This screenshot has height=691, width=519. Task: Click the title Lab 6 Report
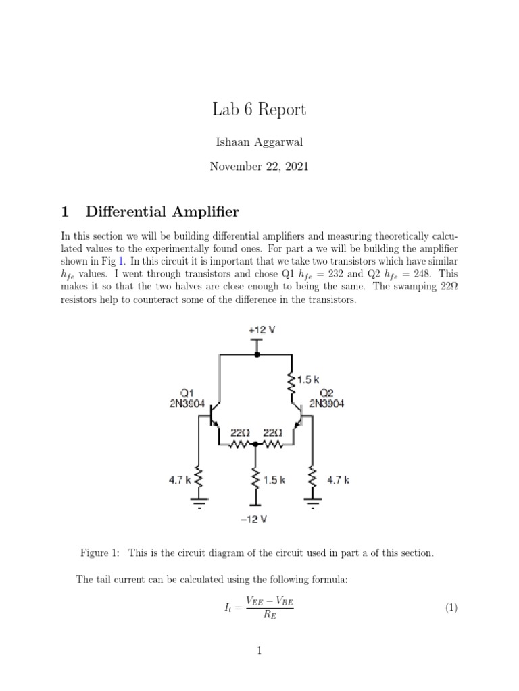coord(259,109)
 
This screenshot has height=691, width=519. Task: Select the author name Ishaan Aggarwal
coord(259,143)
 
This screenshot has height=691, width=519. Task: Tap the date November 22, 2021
coord(259,166)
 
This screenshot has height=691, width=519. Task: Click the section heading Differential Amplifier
coord(162,212)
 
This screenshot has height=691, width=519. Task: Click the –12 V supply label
coord(256,519)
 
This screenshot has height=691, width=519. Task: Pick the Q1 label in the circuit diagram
coord(187,393)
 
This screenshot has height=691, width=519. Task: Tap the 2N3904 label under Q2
coord(326,404)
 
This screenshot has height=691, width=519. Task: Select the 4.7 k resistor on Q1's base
coord(199,480)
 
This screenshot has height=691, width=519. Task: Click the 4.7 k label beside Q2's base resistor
coord(338,480)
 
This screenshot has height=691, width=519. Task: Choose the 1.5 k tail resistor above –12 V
coord(256,480)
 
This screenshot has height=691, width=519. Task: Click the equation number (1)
coord(451,608)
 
